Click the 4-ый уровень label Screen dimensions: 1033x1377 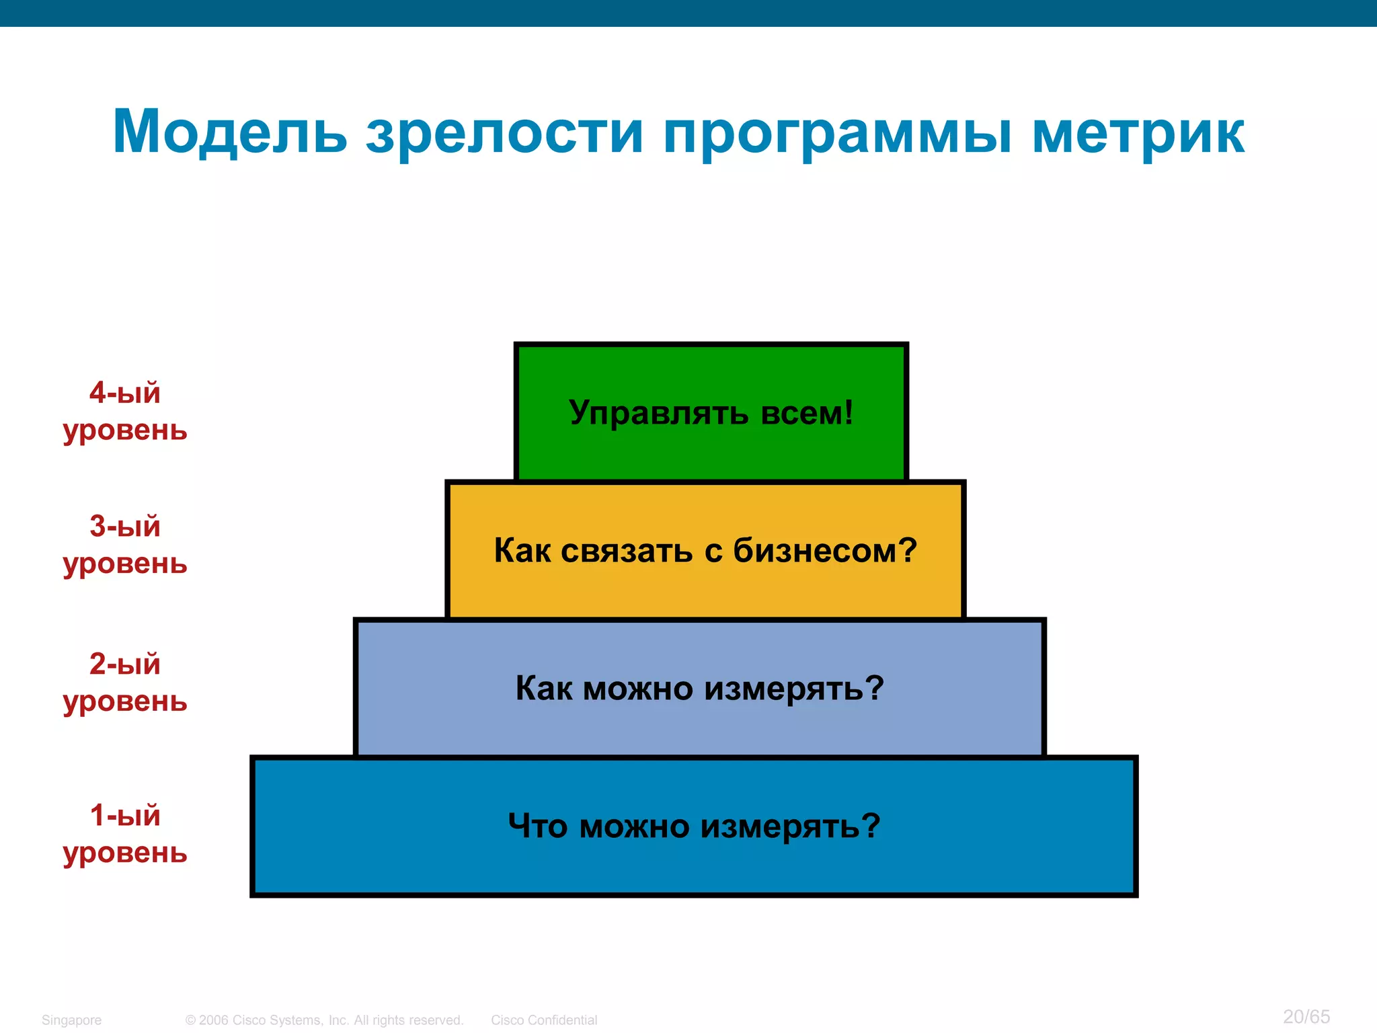click(125, 411)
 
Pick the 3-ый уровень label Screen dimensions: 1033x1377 click(125, 544)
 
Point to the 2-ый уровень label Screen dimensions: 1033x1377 click(125, 682)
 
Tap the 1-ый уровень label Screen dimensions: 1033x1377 click(125, 833)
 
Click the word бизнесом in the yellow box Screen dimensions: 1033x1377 click(824, 550)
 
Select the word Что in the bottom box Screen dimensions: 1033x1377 click(537, 825)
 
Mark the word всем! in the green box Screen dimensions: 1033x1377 click(807, 412)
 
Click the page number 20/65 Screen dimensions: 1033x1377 click(1306, 1016)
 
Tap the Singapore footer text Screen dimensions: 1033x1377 click(71, 1020)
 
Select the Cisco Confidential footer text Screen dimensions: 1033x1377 click(544, 1020)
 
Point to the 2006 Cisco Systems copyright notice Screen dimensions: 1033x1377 click(324, 1020)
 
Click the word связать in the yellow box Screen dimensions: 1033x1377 click(627, 550)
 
